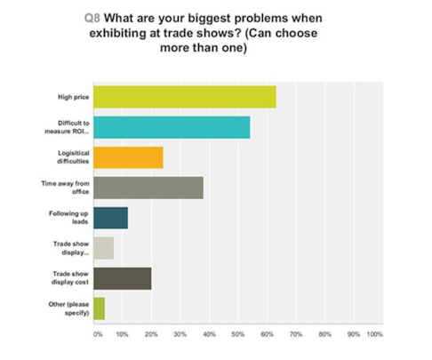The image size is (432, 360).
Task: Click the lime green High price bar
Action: click(184, 97)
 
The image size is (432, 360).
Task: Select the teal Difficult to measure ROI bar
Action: click(172, 128)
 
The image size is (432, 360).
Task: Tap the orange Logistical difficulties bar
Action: click(128, 157)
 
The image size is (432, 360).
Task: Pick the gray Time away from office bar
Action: click(148, 188)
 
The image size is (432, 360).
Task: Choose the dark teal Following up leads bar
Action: click(110, 218)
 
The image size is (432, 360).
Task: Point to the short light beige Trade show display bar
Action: click(103, 248)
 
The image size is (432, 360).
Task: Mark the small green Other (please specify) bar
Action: click(99, 308)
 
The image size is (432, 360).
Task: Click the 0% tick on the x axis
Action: click(97, 335)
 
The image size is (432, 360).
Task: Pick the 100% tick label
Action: click(374, 335)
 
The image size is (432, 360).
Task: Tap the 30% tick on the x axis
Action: click(180, 335)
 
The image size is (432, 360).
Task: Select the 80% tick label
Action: click(324, 335)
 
